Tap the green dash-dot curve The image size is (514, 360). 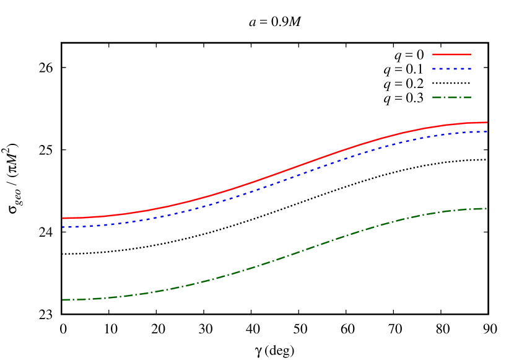[279, 259]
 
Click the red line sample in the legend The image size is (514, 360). [451, 55]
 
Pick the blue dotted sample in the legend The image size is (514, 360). [451, 69]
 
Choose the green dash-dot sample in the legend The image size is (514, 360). [451, 97]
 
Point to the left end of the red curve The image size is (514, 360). [63, 218]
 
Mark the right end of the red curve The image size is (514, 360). [487, 122]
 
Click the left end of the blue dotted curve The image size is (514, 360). [63, 227]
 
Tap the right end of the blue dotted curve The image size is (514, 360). [487, 131]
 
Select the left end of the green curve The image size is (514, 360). [63, 300]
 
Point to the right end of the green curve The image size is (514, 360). [486, 209]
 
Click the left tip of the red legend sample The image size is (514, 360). [433, 55]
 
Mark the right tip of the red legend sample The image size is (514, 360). [471, 55]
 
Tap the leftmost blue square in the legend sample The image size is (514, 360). [434, 69]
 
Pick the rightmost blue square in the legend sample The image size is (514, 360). [469, 69]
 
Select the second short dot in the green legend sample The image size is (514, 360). [458, 97]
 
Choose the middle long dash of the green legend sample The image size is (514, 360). [451, 97]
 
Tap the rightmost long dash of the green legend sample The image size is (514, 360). [466, 97]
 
